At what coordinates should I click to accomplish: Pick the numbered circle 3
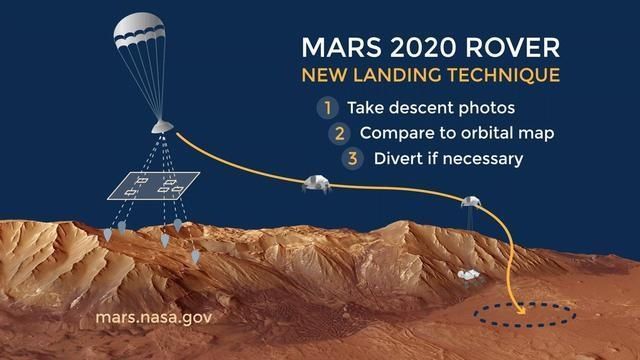pyautogui.click(x=352, y=158)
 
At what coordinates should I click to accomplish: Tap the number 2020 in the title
pyautogui.click(x=419, y=48)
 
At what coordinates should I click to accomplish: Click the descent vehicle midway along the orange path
pyautogui.click(x=317, y=184)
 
